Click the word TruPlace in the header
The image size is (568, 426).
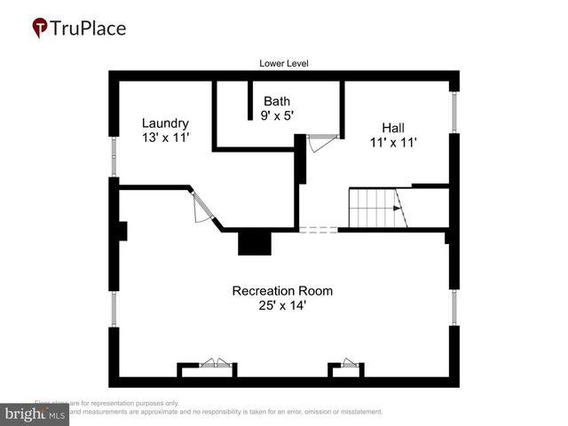[x=89, y=28]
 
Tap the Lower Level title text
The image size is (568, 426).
[x=284, y=63]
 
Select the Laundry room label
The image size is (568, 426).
[x=165, y=122]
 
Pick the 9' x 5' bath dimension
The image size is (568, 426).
[x=277, y=115]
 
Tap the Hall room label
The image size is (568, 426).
[x=393, y=127]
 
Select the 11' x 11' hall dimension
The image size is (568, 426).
[x=393, y=141]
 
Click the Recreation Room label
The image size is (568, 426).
[x=282, y=290]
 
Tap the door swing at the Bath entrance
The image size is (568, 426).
[x=321, y=142]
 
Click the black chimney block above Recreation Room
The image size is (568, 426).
[x=254, y=242]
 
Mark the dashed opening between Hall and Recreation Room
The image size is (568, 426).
[x=319, y=230]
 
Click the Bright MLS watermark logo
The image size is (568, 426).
[x=35, y=414]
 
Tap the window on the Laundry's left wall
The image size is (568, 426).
[x=113, y=157]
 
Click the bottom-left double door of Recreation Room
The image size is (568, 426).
[x=214, y=364]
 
